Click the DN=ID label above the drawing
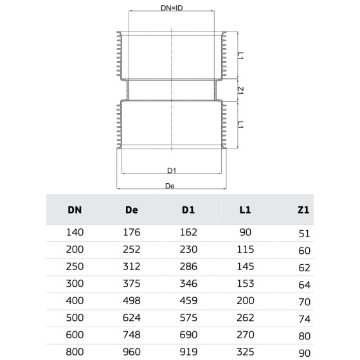[172, 8]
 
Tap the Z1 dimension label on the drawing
[240, 90]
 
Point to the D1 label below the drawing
[172, 170]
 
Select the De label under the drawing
[170, 186]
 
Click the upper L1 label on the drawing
[240, 56]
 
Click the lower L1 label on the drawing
[240, 125]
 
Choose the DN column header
[75, 210]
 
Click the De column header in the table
[132, 210]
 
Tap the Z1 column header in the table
[303, 210]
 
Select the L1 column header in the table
[245, 210]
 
